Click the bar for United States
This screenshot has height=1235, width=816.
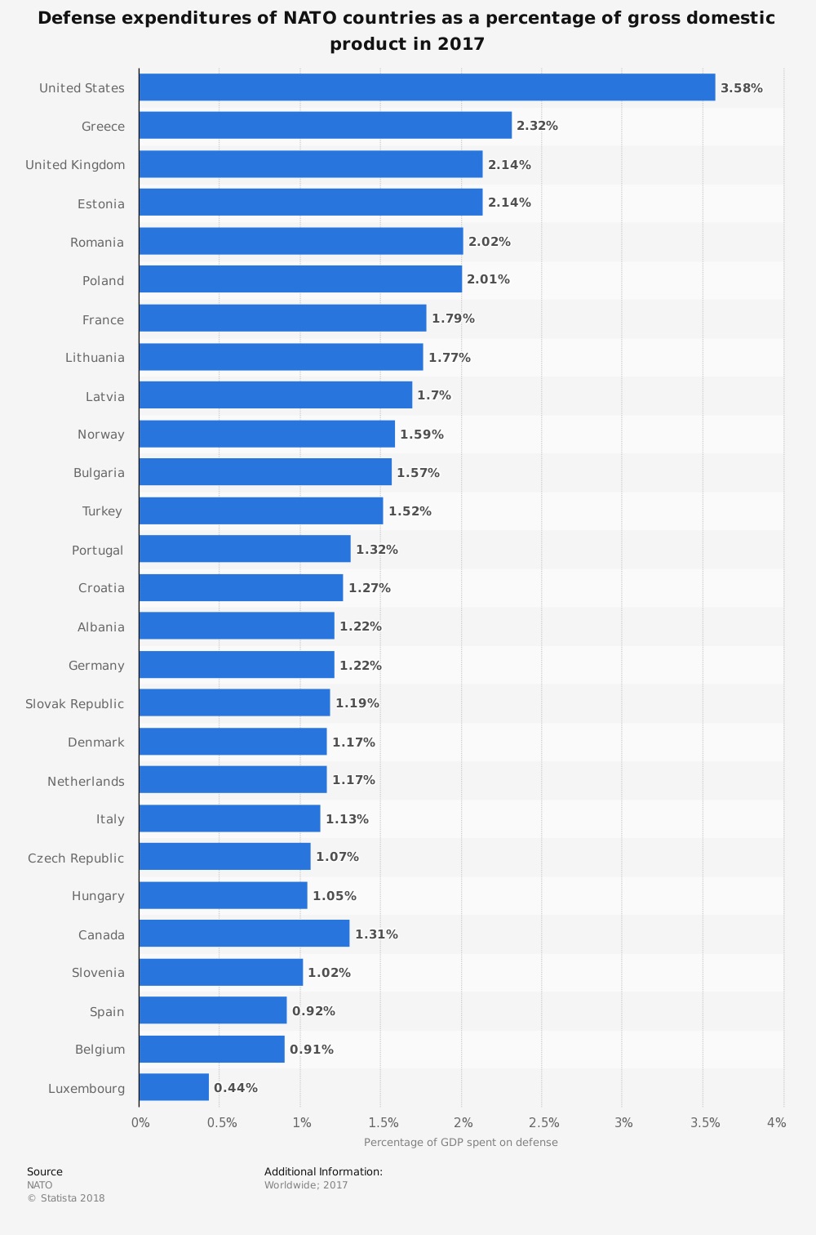pos(427,87)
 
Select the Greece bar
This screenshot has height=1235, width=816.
pos(325,126)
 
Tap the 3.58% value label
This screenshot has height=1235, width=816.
pos(741,88)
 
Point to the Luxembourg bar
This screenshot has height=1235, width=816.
pos(174,1087)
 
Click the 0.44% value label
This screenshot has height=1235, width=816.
pos(235,1088)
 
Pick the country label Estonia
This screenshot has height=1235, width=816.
pos(101,203)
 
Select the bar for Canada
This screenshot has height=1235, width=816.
pos(244,934)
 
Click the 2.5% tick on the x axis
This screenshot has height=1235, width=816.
pos(543,1123)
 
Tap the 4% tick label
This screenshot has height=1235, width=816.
pos(776,1123)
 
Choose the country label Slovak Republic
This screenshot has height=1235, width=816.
pos(75,704)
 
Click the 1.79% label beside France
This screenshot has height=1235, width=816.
pos(453,319)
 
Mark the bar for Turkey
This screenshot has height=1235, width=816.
pos(260,511)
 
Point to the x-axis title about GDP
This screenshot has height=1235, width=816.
pos(460,1142)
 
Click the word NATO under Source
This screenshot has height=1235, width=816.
pos(39,1185)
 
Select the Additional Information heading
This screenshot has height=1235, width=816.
pos(323,1171)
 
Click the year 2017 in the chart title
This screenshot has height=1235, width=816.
pos(461,44)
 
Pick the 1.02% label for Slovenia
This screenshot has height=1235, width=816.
pos(329,973)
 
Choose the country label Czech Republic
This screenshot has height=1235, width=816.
pos(76,858)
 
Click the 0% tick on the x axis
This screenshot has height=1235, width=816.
pos(140,1123)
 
